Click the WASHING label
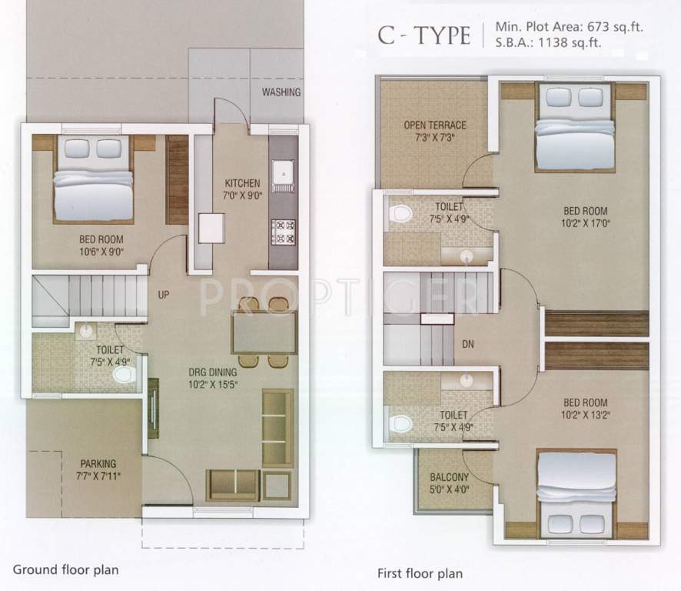pos(281,92)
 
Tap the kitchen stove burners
pos(283,230)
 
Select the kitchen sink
pos(282,174)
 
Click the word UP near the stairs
pos(164,294)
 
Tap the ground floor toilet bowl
pos(123,376)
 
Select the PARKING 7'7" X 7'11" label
pos(98,469)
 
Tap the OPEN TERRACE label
pos(435,132)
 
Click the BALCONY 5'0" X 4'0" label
pos(451,482)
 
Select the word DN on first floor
pos(468,345)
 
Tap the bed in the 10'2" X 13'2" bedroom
pos(575,492)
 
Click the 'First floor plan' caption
pos(420,573)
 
